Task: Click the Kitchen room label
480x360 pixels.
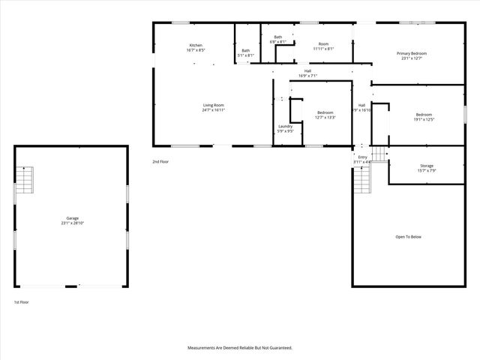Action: pyautogui.click(x=196, y=46)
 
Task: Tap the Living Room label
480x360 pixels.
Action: pyautogui.click(x=214, y=105)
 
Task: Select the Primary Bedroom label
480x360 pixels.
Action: pyautogui.click(x=412, y=54)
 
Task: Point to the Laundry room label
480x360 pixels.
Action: pyautogui.click(x=285, y=126)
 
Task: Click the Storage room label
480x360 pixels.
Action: pyautogui.click(x=426, y=166)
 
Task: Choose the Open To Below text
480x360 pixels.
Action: pyautogui.click(x=409, y=237)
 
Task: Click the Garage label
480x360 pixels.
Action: pyautogui.click(x=72, y=218)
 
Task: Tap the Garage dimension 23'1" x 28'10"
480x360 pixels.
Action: pyautogui.click(x=72, y=223)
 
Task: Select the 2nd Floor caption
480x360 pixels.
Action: pyautogui.click(x=160, y=161)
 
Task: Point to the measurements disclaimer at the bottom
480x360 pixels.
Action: pyautogui.click(x=239, y=348)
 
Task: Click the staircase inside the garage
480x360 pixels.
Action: pyautogui.click(x=25, y=180)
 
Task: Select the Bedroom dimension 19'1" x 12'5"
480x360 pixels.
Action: pyautogui.click(x=424, y=119)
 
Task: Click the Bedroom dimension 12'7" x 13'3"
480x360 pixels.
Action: pyautogui.click(x=325, y=117)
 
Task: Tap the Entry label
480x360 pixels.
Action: pyautogui.click(x=362, y=157)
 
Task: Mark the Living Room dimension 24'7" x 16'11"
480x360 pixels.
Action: pyautogui.click(x=214, y=110)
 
